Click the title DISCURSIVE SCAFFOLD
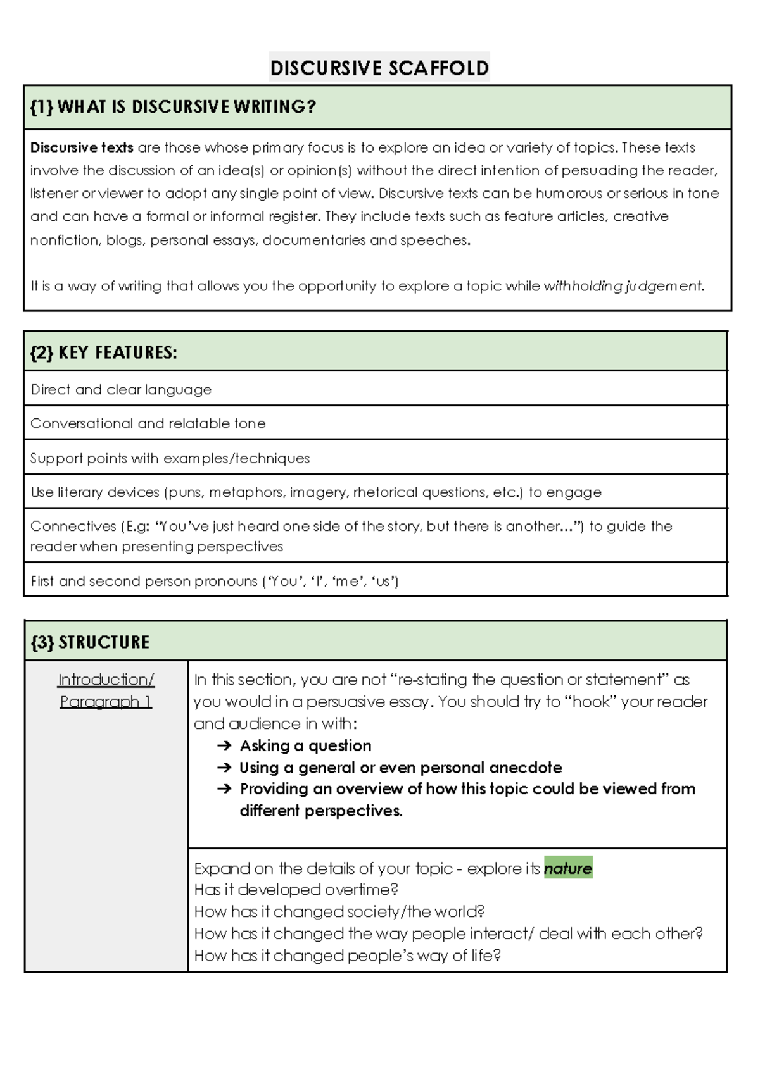point(379,68)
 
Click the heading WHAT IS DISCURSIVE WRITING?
point(173,107)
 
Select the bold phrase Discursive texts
point(82,147)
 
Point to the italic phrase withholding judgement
point(623,286)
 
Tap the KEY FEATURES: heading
point(104,352)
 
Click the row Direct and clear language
point(121,389)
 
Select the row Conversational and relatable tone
point(148,423)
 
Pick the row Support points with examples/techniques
point(170,458)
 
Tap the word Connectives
point(73,527)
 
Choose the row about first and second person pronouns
point(214,581)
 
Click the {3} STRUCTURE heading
point(90,642)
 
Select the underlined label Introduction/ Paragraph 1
point(106,690)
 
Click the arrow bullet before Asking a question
point(224,746)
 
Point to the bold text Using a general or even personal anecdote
point(400,768)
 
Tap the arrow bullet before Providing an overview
point(224,789)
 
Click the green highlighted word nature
point(567,868)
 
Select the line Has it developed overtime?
point(296,890)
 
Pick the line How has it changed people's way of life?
point(347,956)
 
